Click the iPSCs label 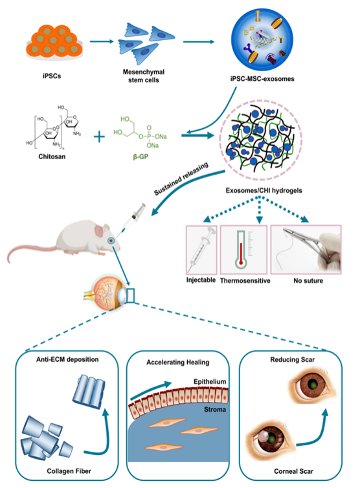click(x=52, y=76)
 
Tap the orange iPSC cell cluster click(x=54, y=42)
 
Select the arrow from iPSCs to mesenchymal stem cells click(x=102, y=41)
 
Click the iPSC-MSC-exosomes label click(x=262, y=79)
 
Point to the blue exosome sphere click(x=262, y=40)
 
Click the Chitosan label click(x=52, y=157)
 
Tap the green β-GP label click(x=141, y=157)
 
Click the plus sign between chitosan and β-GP click(x=99, y=137)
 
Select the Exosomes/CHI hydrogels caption click(x=264, y=190)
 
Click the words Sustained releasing click(x=181, y=179)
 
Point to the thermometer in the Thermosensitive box click(x=241, y=250)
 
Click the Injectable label click(x=201, y=280)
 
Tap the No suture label click(x=308, y=280)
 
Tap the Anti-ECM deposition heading click(x=67, y=359)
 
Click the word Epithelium click(x=210, y=382)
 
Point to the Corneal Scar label click(x=293, y=471)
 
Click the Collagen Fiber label click(x=69, y=471)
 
